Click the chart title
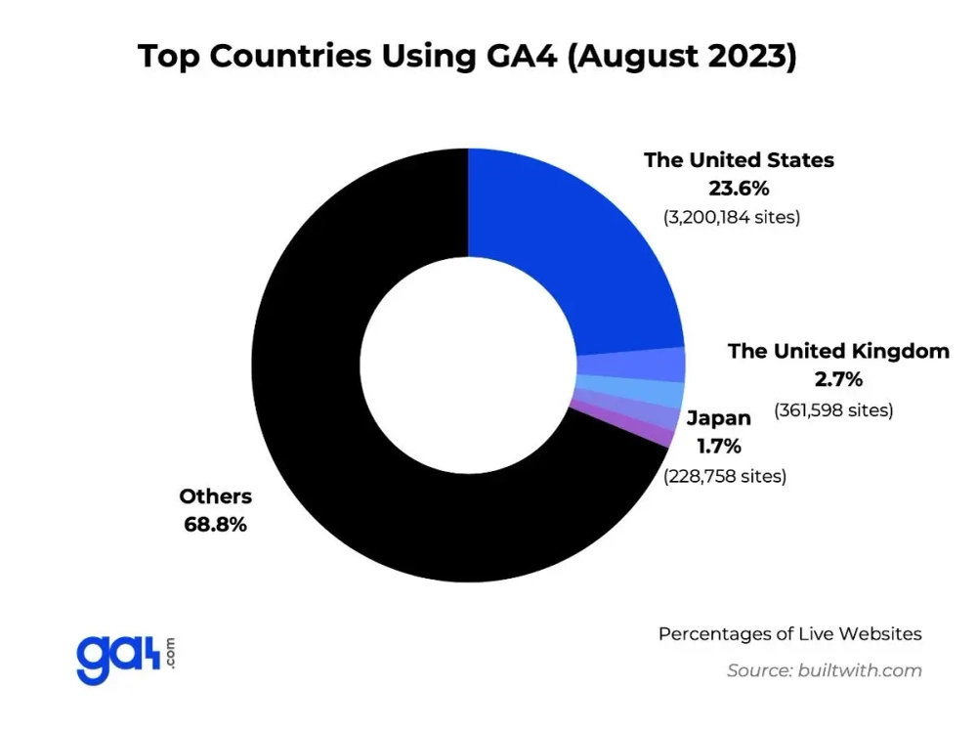click(468, 56)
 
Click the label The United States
click(739, 159)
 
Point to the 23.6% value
click(739, 188)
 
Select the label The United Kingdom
click(838, 351)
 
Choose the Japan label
click(719, 418)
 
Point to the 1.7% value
click(719, 447)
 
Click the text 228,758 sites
click(724, 476)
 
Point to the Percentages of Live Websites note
click(789, 633)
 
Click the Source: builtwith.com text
click(824, 670)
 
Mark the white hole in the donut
click(468, 365)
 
